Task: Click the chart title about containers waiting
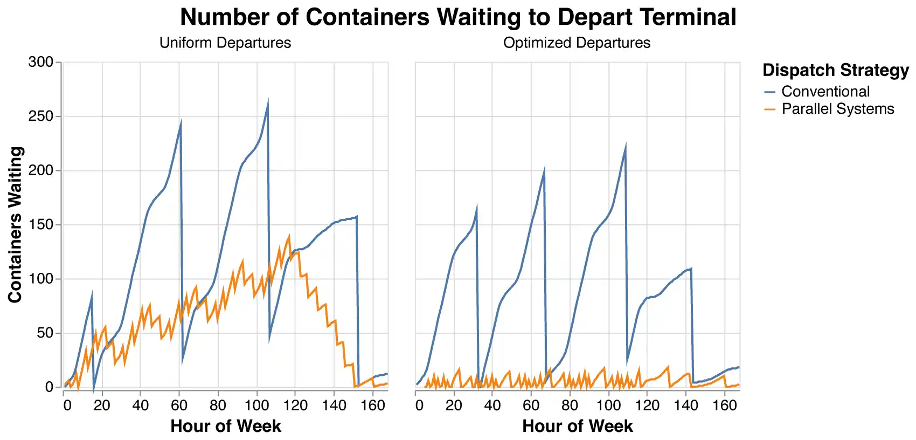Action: coord(458,17)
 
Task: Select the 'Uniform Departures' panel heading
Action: coord(225,43)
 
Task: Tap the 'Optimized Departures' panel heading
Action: coord(577,43)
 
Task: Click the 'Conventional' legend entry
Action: coord(825,92)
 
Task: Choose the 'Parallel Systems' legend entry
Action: coord(837,109)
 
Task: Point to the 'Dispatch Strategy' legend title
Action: coord(836,71)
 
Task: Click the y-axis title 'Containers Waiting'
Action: coord(15,225)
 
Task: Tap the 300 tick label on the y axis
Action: coord(40,63)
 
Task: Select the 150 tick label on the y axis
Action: coord(40,225)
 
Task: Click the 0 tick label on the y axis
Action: coord(50,387)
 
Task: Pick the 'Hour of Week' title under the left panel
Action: coord(225,426)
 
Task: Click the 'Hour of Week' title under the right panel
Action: coord(577,426)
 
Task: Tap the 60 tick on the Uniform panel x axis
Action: coord(179,405)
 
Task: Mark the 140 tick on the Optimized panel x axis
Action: coord(686,405)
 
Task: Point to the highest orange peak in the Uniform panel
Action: coord(289,236)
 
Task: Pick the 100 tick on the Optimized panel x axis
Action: coord(609,405)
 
